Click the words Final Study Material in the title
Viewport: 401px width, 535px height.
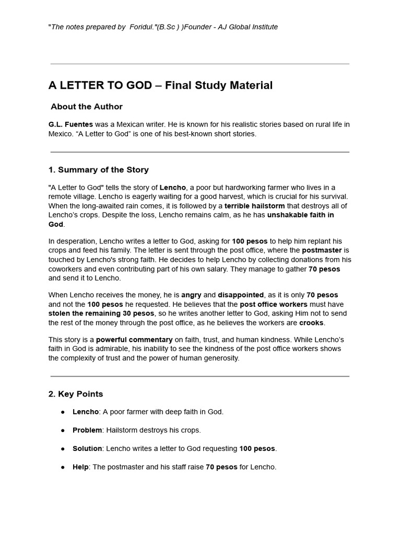click(219, 85)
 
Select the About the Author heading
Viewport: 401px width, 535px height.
click(87, 107)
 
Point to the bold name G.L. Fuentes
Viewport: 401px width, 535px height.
click(70, 124)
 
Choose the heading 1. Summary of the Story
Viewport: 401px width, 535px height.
click(99, 170)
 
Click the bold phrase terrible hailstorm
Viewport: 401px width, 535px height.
click(254, 206)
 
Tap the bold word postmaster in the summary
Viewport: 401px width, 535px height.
click(322, 250)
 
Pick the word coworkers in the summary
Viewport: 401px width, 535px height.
click(66, 269)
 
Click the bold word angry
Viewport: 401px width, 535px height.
click(191, 295)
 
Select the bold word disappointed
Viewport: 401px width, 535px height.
click(241, 295)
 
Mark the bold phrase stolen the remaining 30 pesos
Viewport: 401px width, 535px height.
click(101, 313)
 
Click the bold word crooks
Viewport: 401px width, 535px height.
click(311, 323)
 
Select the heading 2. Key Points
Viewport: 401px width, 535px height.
click(76, 394)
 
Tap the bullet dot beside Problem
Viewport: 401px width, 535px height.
click(63, 431)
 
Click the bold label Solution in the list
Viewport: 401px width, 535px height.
click(87, 449)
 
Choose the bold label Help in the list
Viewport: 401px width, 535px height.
click(80, 467)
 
